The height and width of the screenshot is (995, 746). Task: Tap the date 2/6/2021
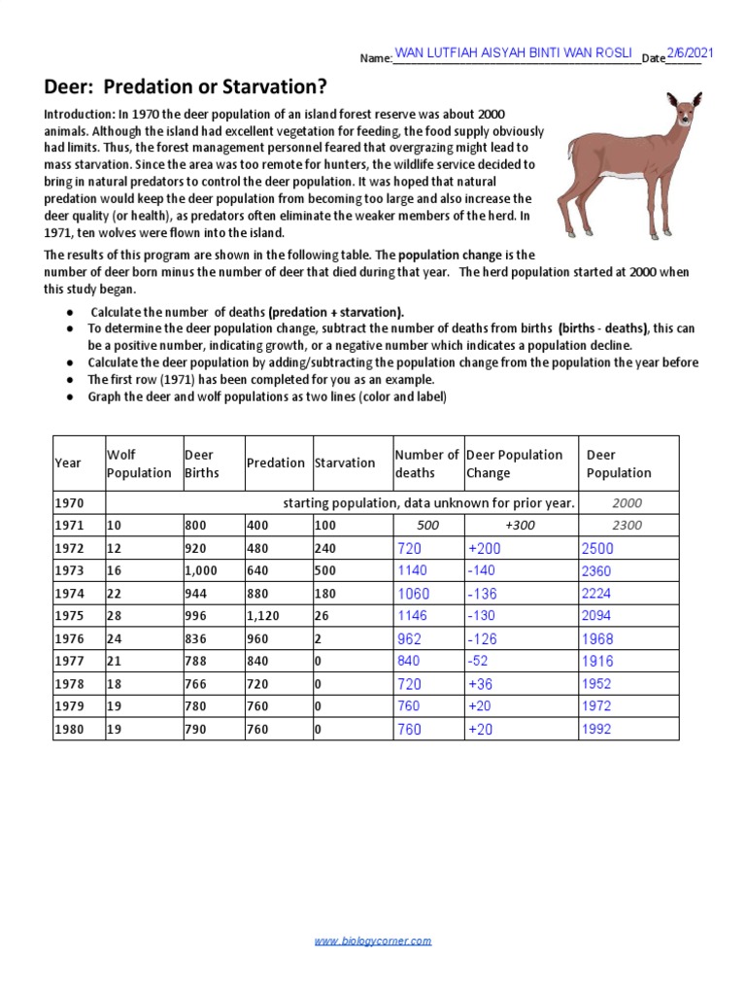coord(689,51)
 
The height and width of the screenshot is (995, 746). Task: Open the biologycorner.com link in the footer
coord(373,941)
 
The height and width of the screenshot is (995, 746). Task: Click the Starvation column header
coord(344,463)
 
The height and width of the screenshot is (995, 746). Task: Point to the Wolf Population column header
coord(138,463)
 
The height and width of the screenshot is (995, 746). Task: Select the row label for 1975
coord(71,616)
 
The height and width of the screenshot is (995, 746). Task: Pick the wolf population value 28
coord(116,616)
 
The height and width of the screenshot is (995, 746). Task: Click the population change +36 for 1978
coord(480,684)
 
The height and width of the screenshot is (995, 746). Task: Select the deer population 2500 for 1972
coord(597,549)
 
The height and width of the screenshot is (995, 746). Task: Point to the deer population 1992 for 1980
coord(596,729)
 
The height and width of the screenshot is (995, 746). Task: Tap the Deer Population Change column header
coord(514,463)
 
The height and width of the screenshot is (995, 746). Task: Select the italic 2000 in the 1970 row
coord(627,503)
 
